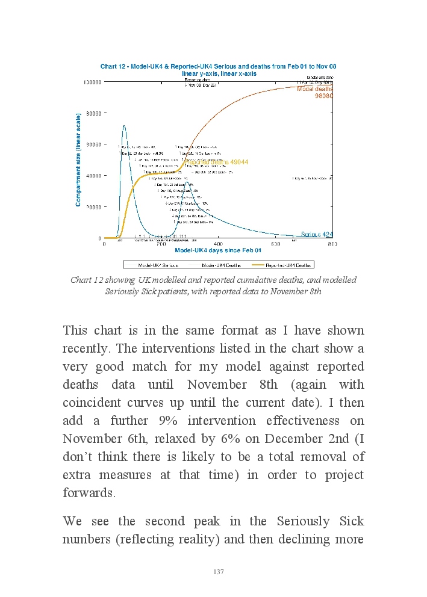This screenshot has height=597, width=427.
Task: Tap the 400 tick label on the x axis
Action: point(218,244)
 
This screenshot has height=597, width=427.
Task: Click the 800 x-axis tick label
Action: point(332,244)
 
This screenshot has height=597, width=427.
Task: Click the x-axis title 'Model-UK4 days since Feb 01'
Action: point(218,250)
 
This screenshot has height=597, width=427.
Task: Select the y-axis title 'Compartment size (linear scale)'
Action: point(78,159)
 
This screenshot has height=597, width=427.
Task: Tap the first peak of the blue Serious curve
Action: point(123,126)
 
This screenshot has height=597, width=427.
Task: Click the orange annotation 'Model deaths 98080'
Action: point(315,92)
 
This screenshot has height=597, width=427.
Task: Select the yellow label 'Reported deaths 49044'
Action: point(217,162)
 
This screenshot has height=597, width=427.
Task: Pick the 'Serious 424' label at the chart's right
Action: point(317,234)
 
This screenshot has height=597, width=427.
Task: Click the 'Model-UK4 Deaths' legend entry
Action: point(221,265)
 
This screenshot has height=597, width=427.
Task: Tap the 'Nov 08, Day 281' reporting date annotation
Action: point(200,85)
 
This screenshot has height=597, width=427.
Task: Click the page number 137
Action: point(219,572)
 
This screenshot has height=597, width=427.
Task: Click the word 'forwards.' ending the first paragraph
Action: point(89,493)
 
